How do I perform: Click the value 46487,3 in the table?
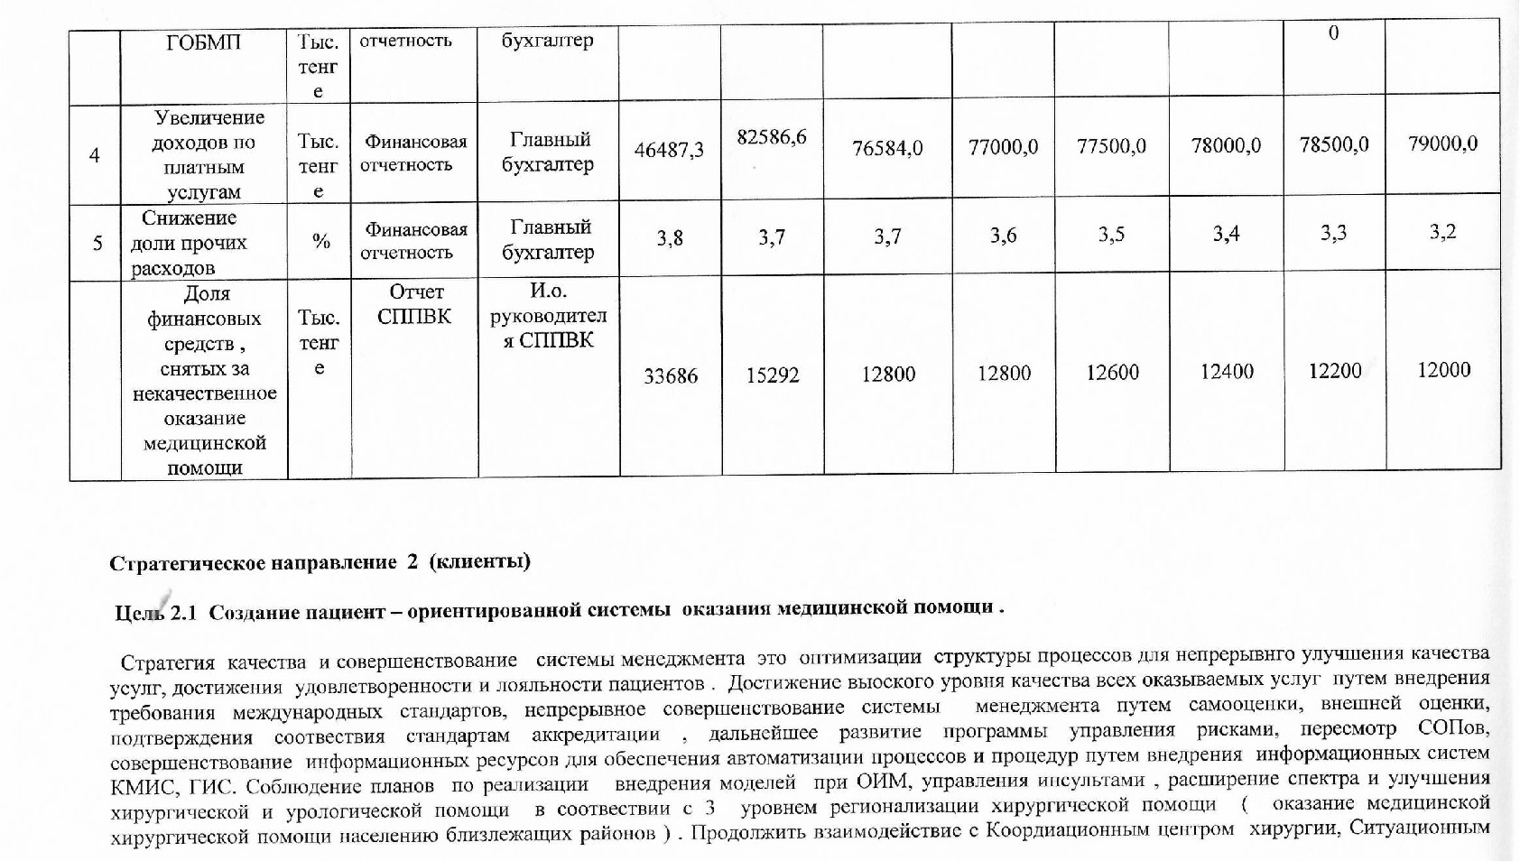point(669,150)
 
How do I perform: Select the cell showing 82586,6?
point(772,137)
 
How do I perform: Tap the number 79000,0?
point(1442,143)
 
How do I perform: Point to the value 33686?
point(670,375)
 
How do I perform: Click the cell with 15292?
point(773,375)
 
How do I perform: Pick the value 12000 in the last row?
point(1443,369)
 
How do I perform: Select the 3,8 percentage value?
point(670,238)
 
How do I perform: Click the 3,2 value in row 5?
point(1442,232)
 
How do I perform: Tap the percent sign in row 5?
point(320,241)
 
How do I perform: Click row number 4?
point(95,155)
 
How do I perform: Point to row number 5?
point(97,243)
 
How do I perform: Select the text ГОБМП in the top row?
point(204,42)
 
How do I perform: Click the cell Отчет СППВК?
point(414,304)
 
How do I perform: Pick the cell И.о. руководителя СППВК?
point(548,316)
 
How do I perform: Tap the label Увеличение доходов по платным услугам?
point(207,154)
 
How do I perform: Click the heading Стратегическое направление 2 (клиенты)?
point(320,562)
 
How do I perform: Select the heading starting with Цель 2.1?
point(560,610)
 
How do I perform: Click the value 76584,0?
point(887,148)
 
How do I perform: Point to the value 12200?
point(1334,371)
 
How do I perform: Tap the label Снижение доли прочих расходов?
point(189,243)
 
